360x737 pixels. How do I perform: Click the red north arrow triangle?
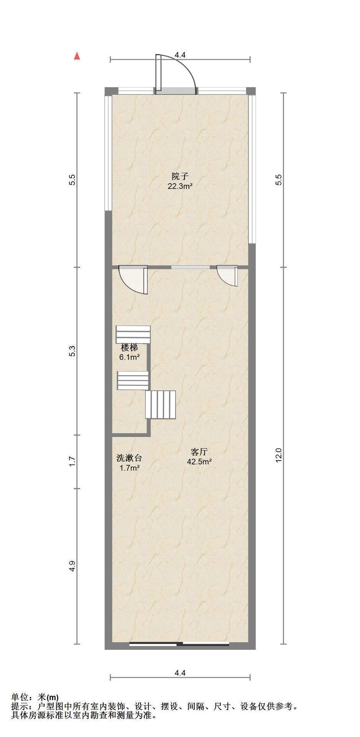click(77, 56)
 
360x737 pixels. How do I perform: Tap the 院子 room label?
click(180, 177)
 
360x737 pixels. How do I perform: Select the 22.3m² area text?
click(180, 187)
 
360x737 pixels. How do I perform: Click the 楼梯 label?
click(129, 348)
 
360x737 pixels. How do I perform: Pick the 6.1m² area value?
click(129, 357)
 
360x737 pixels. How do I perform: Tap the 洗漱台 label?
click(129, 458)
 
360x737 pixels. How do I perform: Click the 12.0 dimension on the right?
click(279, 455)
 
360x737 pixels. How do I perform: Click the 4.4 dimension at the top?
click(180, 55)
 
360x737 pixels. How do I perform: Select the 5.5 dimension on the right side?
click(279, 180)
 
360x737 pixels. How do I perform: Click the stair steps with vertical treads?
click(160, 405)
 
